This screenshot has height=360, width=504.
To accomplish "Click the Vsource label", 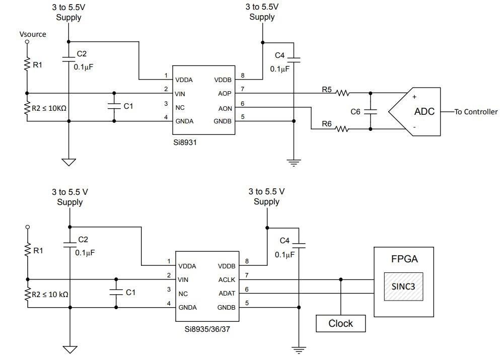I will coord(33,34).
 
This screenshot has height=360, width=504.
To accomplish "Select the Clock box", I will coord(340,323).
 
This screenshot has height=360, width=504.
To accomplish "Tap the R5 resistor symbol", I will coord(343,93).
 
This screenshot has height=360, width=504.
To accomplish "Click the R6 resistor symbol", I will coord(342,129).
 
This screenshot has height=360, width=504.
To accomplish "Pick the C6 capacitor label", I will coord(355,112).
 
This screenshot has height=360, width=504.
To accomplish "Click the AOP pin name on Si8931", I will coord(225,94).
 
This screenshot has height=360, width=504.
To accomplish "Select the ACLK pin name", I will coord(226,280).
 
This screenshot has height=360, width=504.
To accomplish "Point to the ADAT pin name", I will coord(226,294).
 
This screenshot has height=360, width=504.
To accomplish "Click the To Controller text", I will coord(476,112).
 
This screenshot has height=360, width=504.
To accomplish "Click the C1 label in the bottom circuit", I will coord(130,292).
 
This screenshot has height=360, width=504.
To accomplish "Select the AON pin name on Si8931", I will coord(225,107).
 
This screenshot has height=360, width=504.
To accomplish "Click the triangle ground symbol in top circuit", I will coord(69,162).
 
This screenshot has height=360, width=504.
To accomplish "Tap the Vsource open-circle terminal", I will coord(27,42).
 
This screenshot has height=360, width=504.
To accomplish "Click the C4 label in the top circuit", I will coord(280,55).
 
